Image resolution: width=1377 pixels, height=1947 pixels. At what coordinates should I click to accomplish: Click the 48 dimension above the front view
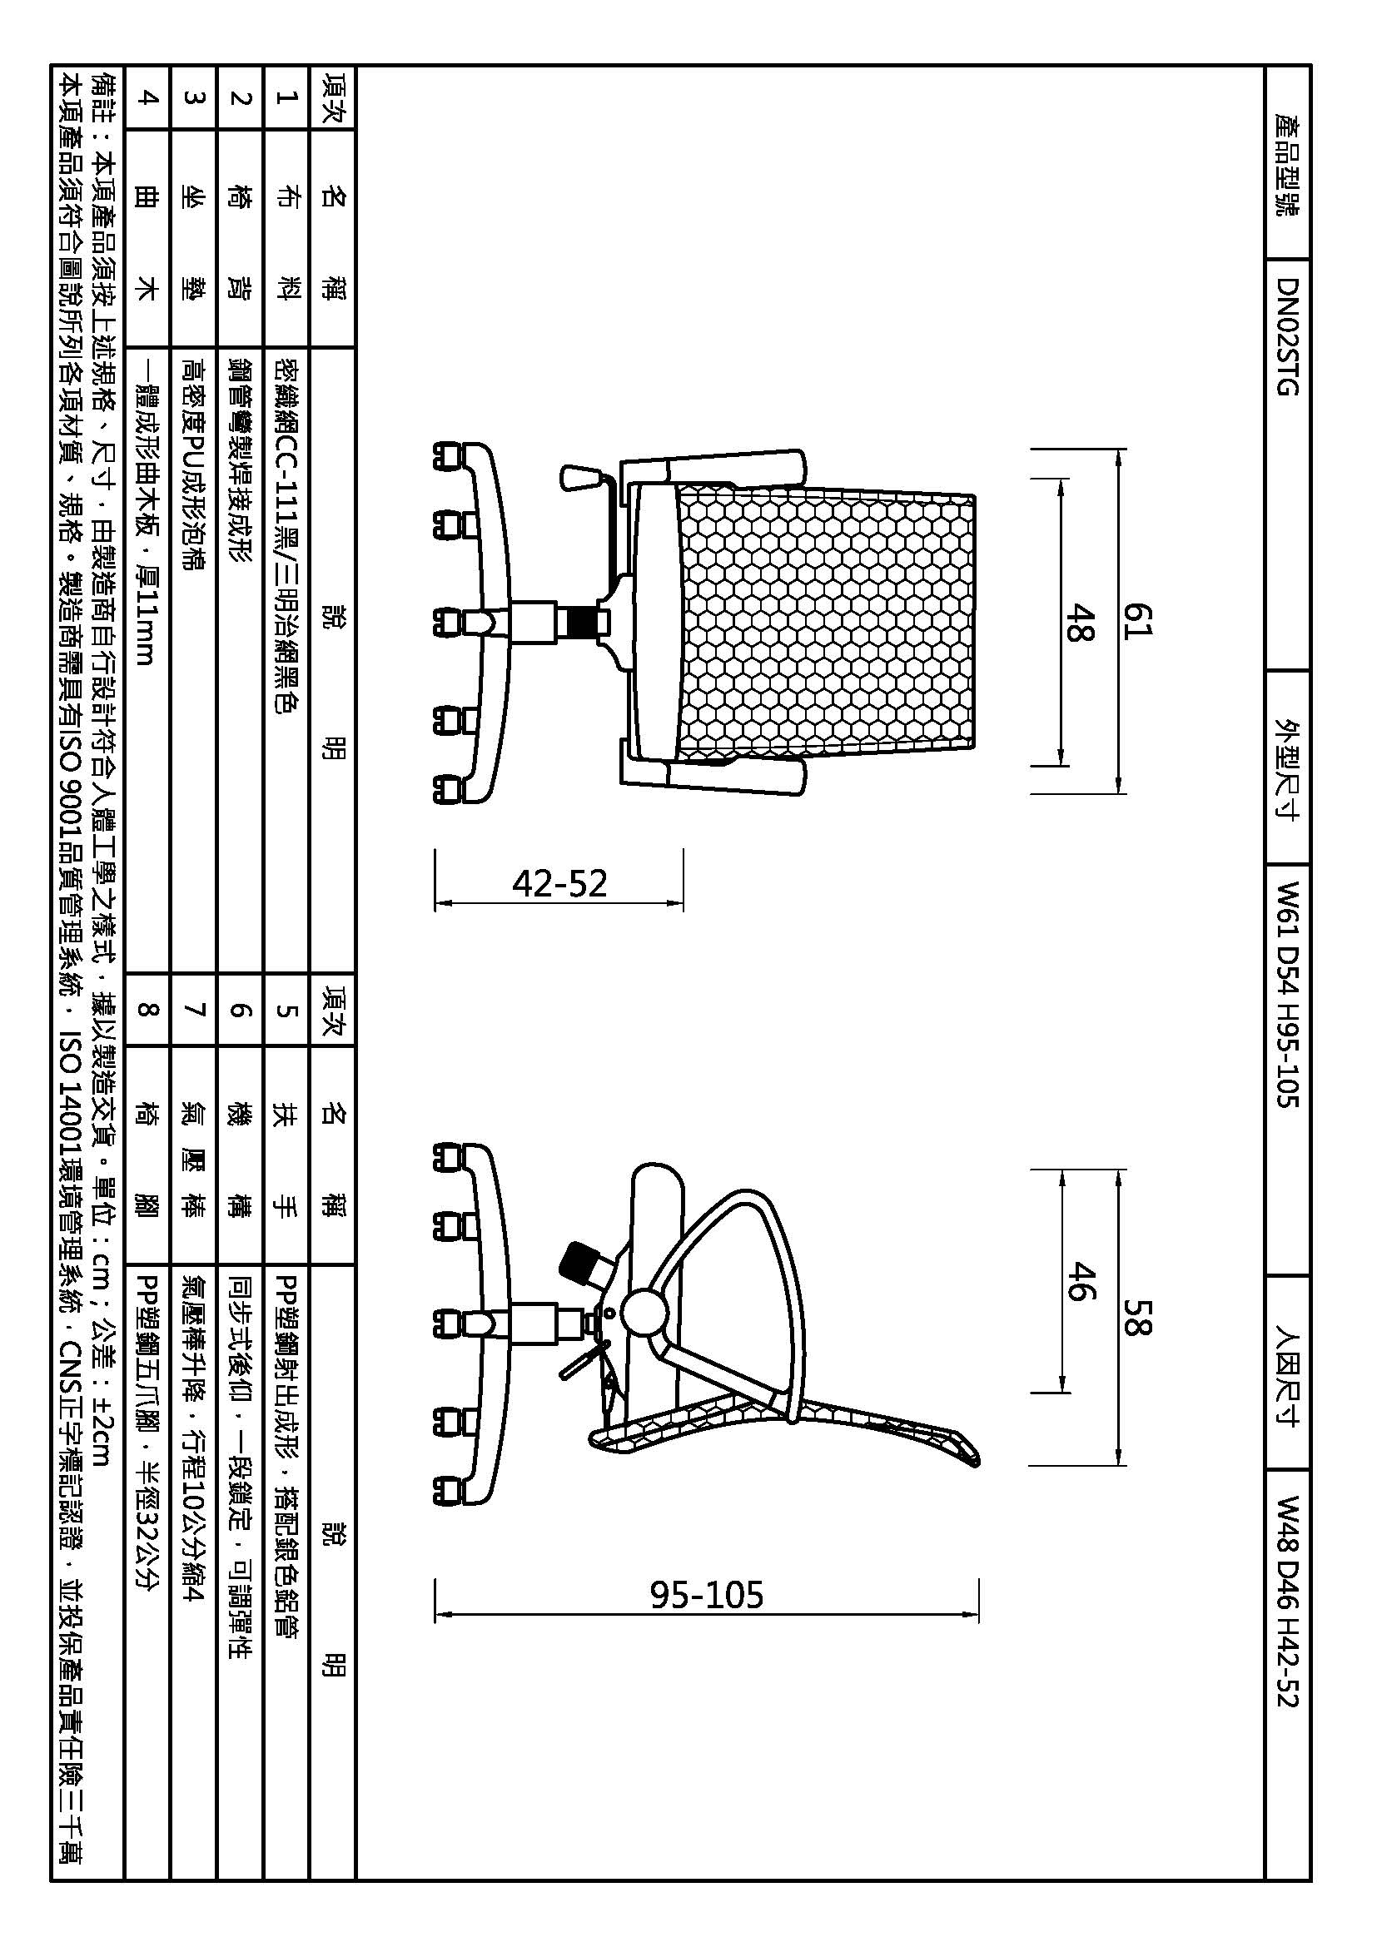pyautogui.click(x=1078, y=621)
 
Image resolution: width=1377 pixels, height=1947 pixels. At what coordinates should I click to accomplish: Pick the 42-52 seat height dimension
pyautogui.click(x=559, y=885)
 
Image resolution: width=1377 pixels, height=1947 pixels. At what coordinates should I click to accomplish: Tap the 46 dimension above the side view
pyautogui.click(x=1078, y=1280)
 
